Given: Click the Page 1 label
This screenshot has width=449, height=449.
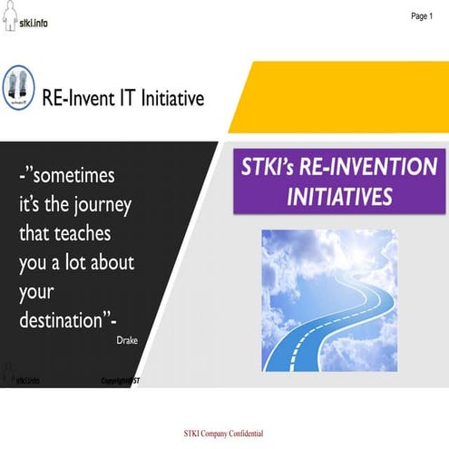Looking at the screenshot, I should click(422, 15).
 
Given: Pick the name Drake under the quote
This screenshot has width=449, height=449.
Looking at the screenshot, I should click(128, 342).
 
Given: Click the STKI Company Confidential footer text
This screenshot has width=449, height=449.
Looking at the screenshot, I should click(223, 433).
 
